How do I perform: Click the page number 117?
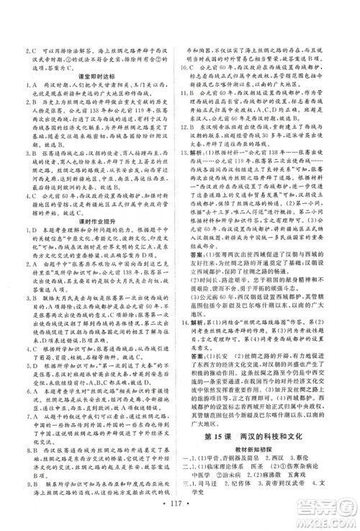tap(179, 510)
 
